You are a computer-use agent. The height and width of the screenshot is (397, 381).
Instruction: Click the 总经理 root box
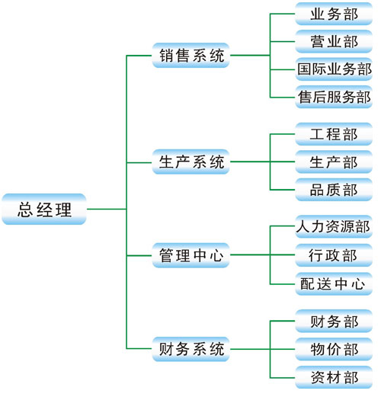(44, 209)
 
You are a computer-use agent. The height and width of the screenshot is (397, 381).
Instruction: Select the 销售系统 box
(190, 56)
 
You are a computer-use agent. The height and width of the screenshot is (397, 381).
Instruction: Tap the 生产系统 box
(190, 162)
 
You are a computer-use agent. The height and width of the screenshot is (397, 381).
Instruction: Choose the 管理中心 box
(190, 255)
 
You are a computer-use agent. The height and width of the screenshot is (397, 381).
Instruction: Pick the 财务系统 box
(190, 349)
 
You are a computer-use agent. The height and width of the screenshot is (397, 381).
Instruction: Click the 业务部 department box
(334, 14)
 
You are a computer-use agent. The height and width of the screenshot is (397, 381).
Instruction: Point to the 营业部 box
(334, 41)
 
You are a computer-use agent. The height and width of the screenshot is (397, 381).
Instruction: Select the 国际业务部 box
(334, 69)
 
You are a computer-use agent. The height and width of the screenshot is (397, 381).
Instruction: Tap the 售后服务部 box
(334, 97)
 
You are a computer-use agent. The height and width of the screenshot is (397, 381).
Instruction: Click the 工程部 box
(334, 134)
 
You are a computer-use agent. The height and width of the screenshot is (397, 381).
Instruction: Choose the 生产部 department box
(334, 162)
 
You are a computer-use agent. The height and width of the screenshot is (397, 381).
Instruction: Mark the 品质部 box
(334, 190)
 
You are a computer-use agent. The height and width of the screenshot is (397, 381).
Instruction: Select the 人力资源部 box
(334, 226)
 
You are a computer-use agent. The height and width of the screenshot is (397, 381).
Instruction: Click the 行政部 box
(334, 255)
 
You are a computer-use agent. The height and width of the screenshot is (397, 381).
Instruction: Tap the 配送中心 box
(334, 284)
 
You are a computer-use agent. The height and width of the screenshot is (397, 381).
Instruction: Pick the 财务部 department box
(334, 321)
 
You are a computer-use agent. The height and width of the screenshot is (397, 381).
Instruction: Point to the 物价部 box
(334, 349)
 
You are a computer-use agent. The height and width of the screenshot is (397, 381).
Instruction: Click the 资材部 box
(334, 377)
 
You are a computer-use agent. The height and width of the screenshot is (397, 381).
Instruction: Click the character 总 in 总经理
(25, 210)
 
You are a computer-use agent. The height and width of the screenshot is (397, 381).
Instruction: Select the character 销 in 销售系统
(166, 56)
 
